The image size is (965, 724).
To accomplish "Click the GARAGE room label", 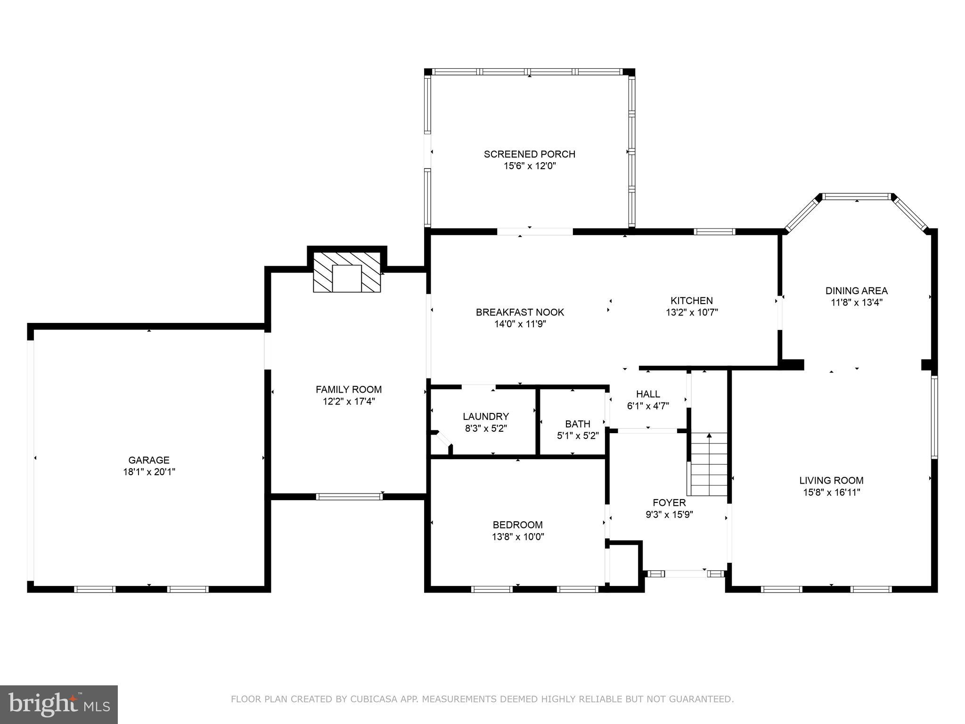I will pos(149,460).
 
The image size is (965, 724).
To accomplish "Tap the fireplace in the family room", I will pos(347,278).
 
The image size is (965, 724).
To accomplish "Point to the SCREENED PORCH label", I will pos(530,154).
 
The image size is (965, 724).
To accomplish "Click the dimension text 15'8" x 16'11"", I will pos(832,493).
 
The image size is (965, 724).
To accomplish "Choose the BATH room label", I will pos(578,424).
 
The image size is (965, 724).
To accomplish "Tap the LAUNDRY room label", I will pos(486,416).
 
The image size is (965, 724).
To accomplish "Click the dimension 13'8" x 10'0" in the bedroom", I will pos(518,536).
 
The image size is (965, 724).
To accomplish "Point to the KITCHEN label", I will pos(692,300).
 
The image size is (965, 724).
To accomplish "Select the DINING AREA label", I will pos(856,291).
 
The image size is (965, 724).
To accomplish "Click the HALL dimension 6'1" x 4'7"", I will pos(648,406).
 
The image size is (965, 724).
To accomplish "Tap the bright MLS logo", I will pos(59,704).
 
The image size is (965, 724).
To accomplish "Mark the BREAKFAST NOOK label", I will pos(520,312).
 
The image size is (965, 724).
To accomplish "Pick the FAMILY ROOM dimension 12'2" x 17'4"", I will pos(348,402).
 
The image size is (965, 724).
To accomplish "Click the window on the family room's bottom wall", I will pos(349,496).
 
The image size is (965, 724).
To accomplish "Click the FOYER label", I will pos(669,502).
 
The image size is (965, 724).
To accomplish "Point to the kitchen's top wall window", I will pos(715,231).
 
